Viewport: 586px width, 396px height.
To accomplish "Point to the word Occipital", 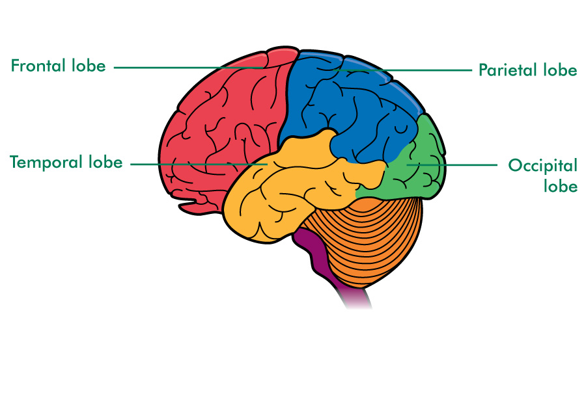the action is [542, 165].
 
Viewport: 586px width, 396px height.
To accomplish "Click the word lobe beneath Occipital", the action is [561, 187].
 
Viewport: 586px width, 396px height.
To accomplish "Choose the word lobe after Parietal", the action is [560, 70].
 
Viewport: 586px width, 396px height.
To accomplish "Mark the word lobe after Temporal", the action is [105, 162].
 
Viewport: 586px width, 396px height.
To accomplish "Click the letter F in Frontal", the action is [14, 66].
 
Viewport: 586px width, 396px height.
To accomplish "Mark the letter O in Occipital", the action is [514, 165].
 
